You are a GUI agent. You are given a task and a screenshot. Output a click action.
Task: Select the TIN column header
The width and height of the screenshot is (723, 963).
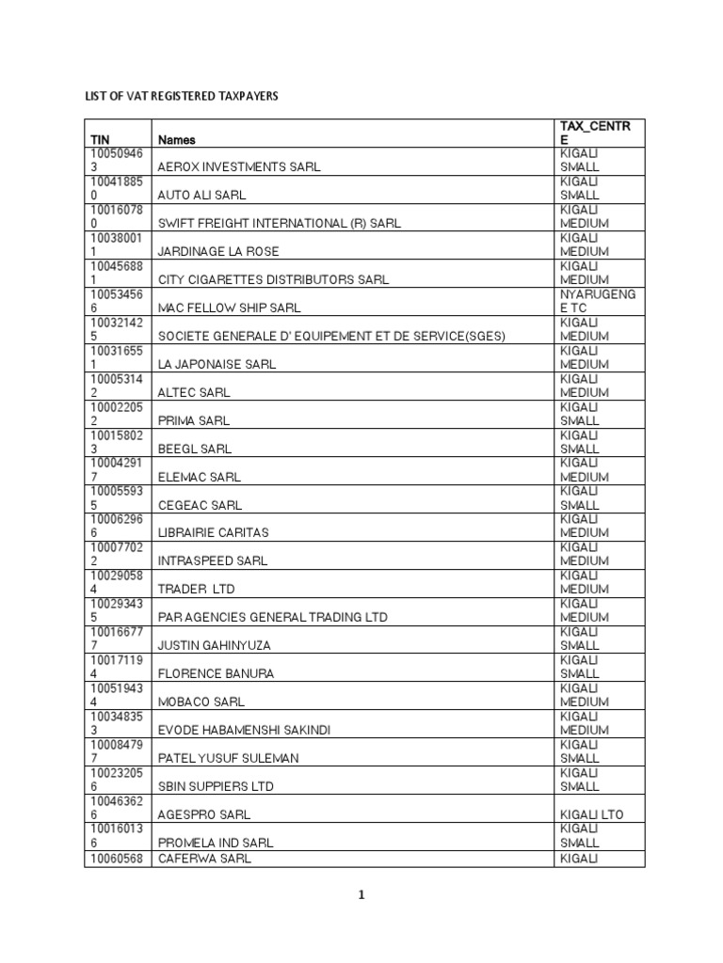[x=100, y=139]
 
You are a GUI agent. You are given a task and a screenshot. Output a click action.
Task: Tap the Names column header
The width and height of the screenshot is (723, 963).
[x=177, y=139]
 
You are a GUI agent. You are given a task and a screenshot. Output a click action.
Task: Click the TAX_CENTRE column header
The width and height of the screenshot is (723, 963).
[x=598, y=133]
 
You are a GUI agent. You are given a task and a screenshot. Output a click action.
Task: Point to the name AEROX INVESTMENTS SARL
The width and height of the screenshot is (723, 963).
[x=239, y=167]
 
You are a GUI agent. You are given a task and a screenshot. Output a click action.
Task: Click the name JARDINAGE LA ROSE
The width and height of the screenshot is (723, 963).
[x=218, y=252]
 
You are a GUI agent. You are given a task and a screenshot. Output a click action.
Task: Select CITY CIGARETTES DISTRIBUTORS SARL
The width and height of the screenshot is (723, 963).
[x=274, y=280]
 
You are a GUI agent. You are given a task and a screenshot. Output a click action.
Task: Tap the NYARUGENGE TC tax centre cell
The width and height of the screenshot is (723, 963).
[x=598, y=301]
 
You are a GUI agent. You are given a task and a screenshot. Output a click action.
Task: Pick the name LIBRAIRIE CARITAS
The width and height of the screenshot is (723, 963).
[x=214, y=532]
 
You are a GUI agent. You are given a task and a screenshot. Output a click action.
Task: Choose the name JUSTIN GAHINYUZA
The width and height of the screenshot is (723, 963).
[x=213, y=645]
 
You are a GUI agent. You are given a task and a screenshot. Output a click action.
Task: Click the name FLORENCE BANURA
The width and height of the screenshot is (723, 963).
[x=208, y=673]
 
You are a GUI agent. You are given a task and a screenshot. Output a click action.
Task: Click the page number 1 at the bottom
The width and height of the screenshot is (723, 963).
[x=361, y=896]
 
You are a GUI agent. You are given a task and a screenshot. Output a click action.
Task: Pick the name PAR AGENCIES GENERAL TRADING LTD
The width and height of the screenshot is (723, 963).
[x=273, y=617]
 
